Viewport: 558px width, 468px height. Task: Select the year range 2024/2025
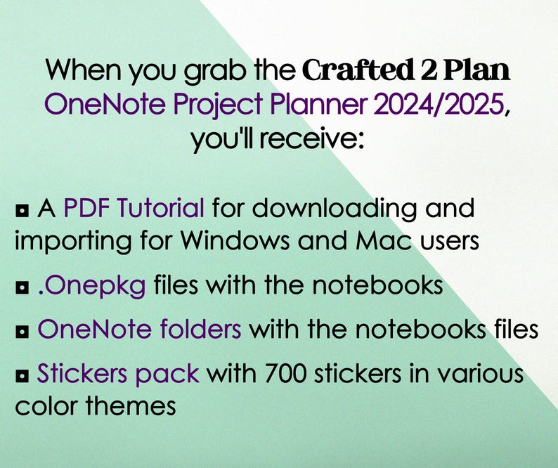click(439, 105)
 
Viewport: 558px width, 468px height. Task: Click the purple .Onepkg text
click(92, 287)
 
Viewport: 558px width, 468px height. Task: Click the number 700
click(290, 373)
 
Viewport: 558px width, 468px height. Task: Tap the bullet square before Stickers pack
click(22, 375)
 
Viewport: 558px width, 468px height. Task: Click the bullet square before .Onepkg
click(22, 287)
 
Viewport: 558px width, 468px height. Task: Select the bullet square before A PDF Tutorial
click(22, 209)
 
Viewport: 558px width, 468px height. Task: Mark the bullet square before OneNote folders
click(22, 330)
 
